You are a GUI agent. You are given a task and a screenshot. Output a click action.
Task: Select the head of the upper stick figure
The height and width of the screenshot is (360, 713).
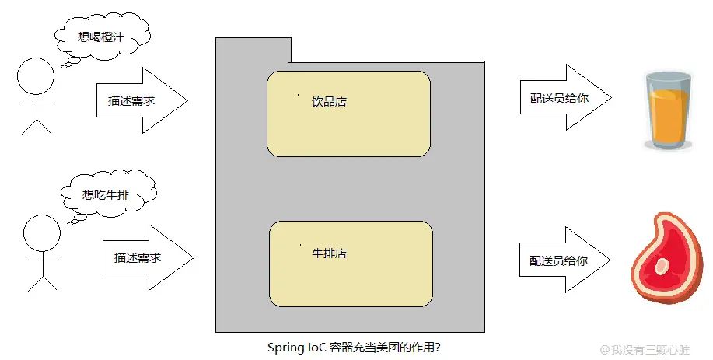click(36, 79)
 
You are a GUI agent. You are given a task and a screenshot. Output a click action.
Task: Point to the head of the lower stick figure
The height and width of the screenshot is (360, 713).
click(41, 233)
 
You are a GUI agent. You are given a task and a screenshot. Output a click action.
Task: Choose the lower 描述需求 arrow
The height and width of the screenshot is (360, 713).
click(147, 257)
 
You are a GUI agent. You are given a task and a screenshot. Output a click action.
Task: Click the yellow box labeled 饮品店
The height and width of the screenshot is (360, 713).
click(348, 114)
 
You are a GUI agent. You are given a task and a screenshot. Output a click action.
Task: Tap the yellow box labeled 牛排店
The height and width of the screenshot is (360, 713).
click(351, 264)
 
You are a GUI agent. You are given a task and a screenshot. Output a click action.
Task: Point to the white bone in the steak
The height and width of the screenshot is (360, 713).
click(662, 266)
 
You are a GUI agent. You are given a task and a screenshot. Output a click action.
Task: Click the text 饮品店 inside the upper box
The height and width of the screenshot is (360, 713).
click(329, 102)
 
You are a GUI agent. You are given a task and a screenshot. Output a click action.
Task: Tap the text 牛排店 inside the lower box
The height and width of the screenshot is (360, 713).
click(329, 253)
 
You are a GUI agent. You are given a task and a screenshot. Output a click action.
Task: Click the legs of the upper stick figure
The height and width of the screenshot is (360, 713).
click(36, 123)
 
